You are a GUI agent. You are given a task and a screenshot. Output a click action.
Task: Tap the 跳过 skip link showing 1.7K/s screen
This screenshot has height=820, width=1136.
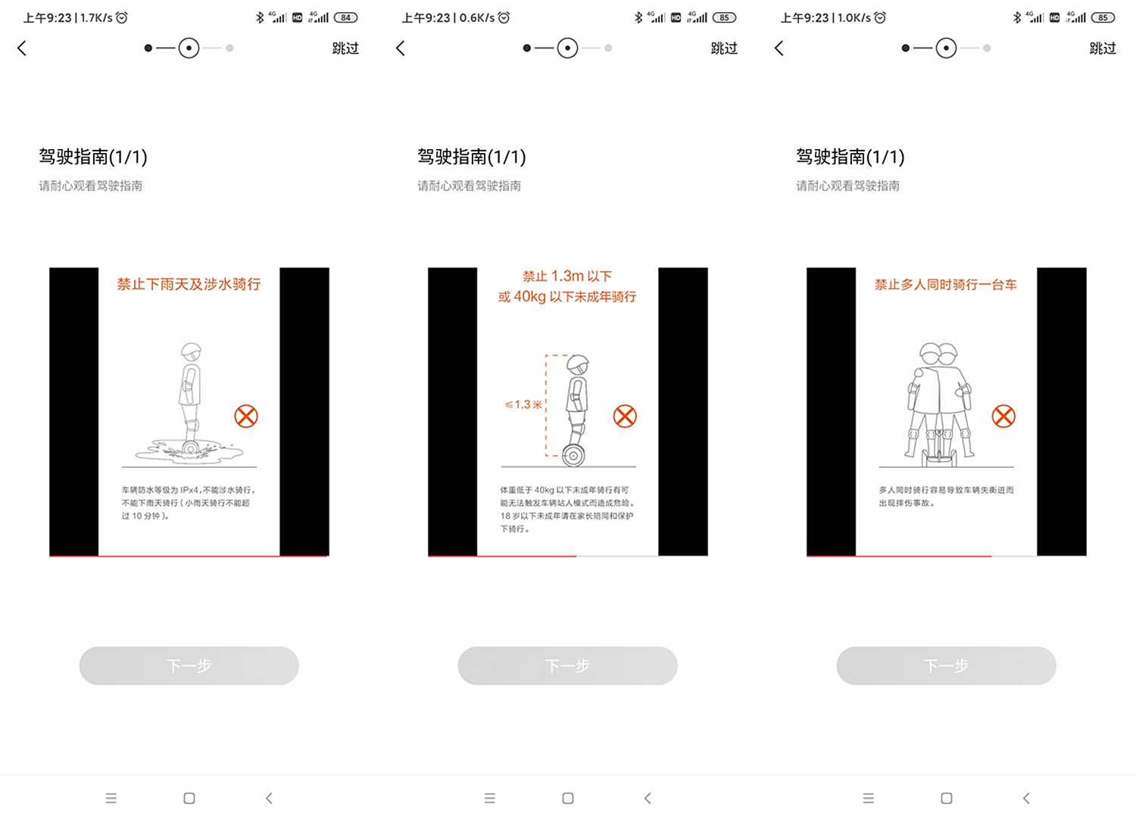[345, 48]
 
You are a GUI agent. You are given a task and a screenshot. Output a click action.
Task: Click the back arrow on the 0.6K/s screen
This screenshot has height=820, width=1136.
[401, 48]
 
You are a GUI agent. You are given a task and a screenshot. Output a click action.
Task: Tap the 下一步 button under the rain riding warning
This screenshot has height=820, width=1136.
[189, 666]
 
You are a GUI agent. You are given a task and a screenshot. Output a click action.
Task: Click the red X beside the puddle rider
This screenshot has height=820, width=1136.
[246, 416]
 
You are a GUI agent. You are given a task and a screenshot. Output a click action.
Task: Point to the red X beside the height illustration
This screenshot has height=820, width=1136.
[625, 416]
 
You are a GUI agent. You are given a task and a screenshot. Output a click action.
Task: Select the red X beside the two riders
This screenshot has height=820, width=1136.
[1003, 416]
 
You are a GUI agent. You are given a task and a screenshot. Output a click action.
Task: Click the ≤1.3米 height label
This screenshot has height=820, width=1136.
[523, 404]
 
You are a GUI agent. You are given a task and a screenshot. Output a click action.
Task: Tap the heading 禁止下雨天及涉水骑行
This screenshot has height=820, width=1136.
[189, 284]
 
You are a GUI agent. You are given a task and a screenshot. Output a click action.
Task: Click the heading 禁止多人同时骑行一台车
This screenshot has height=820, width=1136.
[946, 285]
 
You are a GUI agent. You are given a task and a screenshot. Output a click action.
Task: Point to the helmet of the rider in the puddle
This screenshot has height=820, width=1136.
[192, 351]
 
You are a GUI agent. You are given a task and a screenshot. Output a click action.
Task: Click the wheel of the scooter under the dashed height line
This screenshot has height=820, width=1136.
[573, 456]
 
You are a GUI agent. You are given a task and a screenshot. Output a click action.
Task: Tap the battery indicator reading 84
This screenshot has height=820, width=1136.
[345, 17]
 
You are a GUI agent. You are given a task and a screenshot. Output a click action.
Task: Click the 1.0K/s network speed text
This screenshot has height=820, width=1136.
[854, 17]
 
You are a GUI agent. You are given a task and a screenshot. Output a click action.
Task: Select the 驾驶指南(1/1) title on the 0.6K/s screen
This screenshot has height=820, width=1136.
[471, 157]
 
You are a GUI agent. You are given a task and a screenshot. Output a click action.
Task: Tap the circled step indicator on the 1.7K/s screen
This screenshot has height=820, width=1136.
[189, 48]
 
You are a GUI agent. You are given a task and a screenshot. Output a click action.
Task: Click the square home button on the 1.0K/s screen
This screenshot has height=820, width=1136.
[946, 798]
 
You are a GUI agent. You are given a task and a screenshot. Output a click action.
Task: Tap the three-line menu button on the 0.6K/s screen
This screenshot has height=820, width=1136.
[490, 798]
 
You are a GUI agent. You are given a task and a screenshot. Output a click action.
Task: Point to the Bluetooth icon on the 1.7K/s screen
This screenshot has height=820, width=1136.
[260, 17]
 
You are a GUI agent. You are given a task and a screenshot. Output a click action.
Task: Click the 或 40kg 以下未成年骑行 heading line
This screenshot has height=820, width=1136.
[567, 297]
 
